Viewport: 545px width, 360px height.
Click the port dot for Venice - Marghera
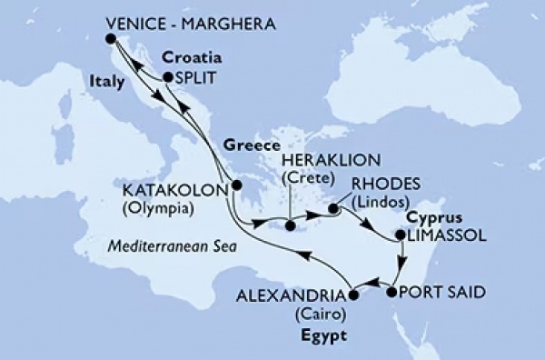110,38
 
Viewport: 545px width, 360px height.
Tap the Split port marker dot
168,79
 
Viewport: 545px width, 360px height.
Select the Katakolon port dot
236,185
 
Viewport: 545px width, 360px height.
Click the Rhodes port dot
333,209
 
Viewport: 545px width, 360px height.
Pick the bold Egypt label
331,335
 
